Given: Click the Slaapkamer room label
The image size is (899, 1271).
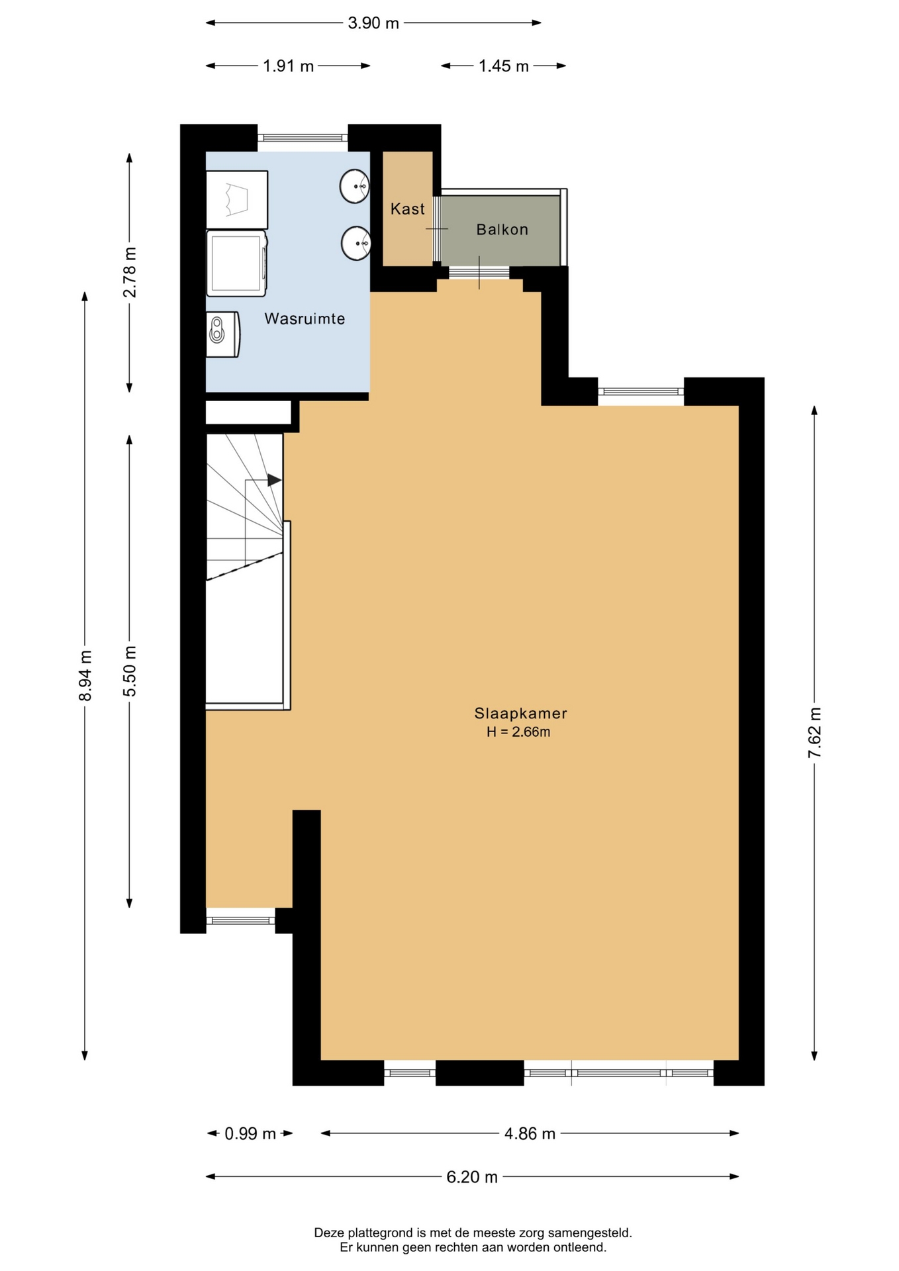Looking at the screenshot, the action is click(520, 714).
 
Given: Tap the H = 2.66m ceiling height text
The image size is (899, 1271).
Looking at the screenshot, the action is click(518, 732).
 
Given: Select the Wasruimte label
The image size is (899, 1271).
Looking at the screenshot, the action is click(305, 318).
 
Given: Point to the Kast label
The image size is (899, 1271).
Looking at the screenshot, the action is click(407, 209).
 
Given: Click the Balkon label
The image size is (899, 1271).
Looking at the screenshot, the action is click(502, 230).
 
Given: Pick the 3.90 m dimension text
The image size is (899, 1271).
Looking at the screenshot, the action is click(373, 23).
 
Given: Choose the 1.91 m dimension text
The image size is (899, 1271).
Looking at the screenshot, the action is click(288, 66).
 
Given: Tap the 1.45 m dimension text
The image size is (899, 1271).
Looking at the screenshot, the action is click(504, 66).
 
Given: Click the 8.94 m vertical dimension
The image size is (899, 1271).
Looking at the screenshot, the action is click(85, 675).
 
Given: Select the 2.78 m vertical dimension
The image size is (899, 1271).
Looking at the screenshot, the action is click(130, 272).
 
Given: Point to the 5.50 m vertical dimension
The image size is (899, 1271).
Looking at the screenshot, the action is click(130, 671).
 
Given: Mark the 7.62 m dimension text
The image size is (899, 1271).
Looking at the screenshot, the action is click(815, 733).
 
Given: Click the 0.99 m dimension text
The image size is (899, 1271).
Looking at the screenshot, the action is click(250, 1134).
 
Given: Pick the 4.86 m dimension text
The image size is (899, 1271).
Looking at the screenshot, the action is click(530, 1134).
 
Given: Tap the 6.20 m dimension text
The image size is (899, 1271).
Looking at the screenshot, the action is click(472, 1177).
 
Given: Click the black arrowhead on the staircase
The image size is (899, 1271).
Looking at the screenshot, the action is click(274, 480).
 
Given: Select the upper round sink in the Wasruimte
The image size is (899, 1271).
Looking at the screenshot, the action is click(355, 186).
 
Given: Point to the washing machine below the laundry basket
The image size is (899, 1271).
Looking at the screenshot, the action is click(237, 263).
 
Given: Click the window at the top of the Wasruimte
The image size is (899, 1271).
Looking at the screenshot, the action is click(303, 138).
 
